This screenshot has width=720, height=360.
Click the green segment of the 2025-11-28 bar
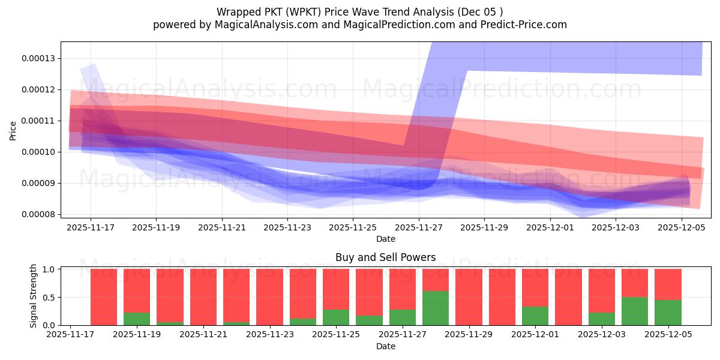[436, 308]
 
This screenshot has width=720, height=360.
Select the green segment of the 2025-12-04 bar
[635, 311]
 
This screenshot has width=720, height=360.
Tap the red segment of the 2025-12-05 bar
[668, 284]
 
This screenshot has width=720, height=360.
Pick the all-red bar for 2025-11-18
[104, 297]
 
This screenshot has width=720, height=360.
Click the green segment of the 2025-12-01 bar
[535, 316]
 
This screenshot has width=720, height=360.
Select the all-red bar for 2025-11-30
[502, 297]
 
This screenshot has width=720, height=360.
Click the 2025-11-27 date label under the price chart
[418, 227]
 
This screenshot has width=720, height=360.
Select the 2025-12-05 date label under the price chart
[682, 227]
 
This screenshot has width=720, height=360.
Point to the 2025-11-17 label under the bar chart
[71, 335]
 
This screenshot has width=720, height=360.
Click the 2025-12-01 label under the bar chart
[535, 335]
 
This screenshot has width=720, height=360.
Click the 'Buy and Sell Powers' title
[385, 257]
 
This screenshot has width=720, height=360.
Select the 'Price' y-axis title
[13, 130]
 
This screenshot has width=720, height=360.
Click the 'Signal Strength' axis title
[34, 296]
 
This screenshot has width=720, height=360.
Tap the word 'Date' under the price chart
[385, 239]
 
